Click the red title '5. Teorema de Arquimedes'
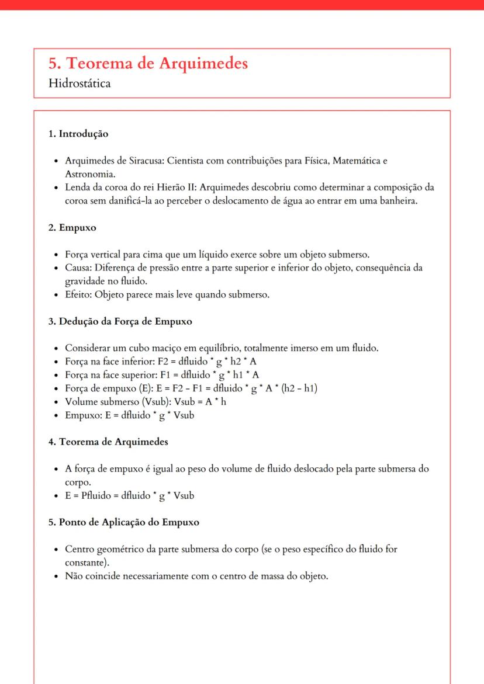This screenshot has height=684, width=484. pos(148,64)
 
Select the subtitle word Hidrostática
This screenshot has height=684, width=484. pos(79,83)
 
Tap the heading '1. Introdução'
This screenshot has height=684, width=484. pos(78,134)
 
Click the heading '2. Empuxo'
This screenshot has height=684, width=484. pos(72,228)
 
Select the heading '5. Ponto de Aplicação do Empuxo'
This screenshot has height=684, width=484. pos(123,522)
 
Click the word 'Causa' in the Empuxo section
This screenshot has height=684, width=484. pos(77,268)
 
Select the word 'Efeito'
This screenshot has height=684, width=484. pos(78,294)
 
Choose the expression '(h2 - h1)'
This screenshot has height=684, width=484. pos(300,388)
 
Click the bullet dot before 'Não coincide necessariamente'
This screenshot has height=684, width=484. pos(55,577)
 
